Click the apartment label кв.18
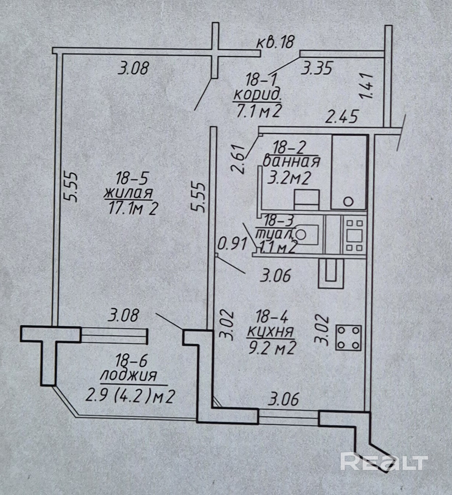[275, 42]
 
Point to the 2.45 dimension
[342, 117]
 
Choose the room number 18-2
[289, 148]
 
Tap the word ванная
[292, 162]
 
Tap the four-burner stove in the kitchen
[348, 338]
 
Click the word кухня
[271, 332]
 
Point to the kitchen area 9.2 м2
[272, 348]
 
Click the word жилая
[129, 193]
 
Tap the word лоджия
[128, 376]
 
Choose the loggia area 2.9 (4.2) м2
[130, 397]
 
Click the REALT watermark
[383, 461]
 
